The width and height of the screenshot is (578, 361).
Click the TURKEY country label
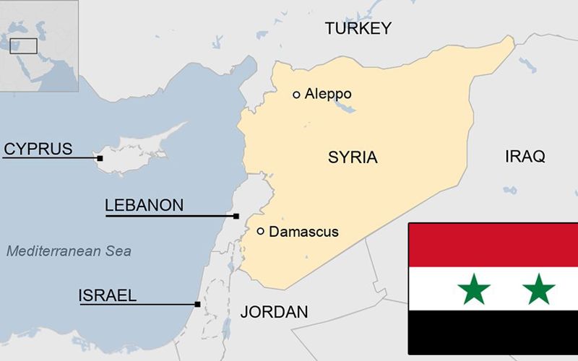[x=358, y=29]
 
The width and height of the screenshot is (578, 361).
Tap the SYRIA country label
[x=353, y=157]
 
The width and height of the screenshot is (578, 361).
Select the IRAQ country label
[x=525, y=157]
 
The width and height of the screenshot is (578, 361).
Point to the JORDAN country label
[x=274, y=312]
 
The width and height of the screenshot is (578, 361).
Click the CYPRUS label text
[x=38, y=149]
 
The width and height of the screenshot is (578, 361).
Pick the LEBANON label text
[x=144, y=205]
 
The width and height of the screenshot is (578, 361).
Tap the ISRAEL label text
[x=107, y=295]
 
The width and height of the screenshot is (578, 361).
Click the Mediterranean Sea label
[x=69, y=251]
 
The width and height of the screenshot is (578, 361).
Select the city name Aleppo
[x=328, y=94]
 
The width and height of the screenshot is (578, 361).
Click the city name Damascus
[x=303, y=232]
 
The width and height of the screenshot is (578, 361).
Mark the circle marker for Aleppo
[x=296, y=94]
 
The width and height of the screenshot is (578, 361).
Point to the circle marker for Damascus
[x=260, y=231]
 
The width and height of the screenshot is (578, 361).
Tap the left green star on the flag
[x=474, y=289]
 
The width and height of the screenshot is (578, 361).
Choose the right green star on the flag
[x=539, y=289]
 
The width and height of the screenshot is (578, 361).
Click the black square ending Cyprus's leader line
[x=100, y=158]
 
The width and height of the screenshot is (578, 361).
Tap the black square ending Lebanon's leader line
[x=236, y=216]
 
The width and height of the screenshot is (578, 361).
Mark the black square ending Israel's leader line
[x=197, y=304]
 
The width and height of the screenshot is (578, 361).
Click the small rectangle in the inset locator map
[x=23, y=45]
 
